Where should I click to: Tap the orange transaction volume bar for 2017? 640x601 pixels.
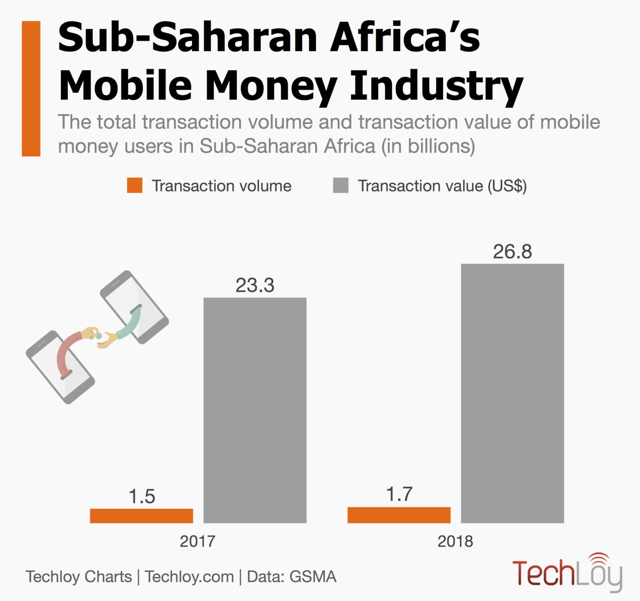[x=141, y=515]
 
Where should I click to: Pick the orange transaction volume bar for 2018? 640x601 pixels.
[x=399, y=514]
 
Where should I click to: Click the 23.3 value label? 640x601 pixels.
[x=255, y=285]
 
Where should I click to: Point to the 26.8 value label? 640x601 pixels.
[x=512, y=252]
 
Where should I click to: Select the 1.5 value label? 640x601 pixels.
[x=142, y=496]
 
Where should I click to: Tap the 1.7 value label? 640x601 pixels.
[x=399, y=494]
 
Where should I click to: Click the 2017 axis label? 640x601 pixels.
[x=197, y=541]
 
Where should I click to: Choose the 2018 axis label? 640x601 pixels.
[x=455, y=541]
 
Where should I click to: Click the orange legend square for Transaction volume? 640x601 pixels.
[x=135, y=185]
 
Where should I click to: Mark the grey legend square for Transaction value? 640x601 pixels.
[x=341, y=185]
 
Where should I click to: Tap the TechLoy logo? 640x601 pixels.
[x=567, y=572]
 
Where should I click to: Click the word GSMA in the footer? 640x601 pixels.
[x=313, y=577]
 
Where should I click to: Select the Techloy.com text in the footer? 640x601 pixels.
[x=189, y=577]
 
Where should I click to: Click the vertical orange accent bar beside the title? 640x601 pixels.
[x=31, y=89]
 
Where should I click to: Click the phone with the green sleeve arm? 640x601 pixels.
[x=134, y=307]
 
